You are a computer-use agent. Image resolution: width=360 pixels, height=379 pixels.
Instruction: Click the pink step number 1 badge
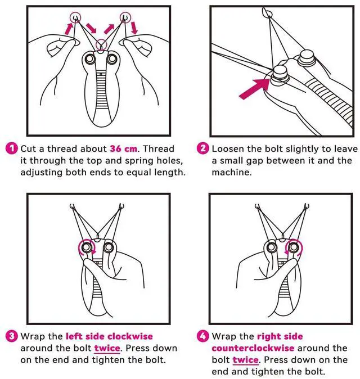point(12,148)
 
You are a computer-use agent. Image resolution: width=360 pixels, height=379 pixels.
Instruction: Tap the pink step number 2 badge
point(203,148)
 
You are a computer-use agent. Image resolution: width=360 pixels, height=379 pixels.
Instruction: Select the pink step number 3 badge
point(12,336)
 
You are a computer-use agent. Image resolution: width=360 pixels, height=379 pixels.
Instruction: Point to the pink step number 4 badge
point(203,336)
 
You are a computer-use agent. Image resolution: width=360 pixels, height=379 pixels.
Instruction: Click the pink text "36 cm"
point(124,148)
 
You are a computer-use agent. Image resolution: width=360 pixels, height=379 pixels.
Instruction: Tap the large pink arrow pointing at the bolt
point(254,89)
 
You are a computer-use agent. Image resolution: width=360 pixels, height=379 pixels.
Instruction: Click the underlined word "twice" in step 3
point(107,348)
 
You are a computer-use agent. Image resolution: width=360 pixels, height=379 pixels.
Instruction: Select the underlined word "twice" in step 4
point(245,360)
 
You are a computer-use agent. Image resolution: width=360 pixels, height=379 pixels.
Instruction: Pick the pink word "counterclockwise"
point(253,348)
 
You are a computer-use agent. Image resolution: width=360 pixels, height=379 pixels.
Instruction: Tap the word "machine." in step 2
point(232,172)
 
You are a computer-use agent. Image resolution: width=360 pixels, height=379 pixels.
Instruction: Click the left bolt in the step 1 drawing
point(89,58)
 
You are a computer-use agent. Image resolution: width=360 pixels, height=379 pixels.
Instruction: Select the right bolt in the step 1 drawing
point(112,58)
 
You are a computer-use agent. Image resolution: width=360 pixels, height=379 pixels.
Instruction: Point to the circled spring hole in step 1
point(101,45)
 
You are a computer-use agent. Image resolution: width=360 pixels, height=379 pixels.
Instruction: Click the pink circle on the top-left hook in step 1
point(75,17)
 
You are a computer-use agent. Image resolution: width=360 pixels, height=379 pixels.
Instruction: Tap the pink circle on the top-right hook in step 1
point(125,17)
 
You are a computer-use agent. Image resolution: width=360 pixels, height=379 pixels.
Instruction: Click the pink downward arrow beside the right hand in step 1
point(134,28)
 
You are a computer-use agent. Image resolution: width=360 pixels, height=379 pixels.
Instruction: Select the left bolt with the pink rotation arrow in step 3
point(86,247)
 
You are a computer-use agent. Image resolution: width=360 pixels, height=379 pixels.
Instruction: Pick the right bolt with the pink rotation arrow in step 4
point(294,247)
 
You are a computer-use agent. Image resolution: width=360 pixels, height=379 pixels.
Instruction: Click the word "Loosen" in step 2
point(228,148)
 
